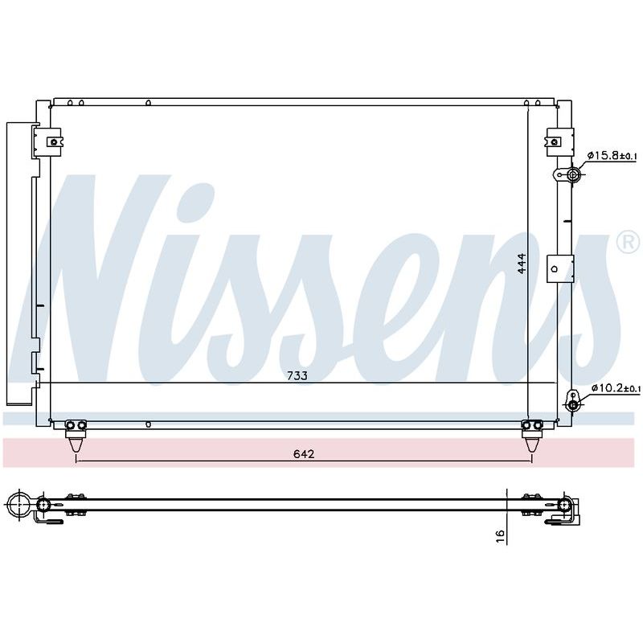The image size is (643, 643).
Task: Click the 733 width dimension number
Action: (x=297, y=375)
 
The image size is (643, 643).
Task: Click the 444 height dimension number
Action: (x=521, y=264)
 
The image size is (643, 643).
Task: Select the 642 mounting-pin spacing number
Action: (x=304, y=454)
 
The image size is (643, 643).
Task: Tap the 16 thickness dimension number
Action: (x=500, y=536)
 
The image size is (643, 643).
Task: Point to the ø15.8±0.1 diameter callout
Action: (x=612, y=155)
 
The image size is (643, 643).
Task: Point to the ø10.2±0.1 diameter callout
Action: (x=616, y=388)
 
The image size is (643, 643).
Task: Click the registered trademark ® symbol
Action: (x=629, y=243)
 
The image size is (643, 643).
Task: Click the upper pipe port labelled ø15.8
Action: (x=572, y=175)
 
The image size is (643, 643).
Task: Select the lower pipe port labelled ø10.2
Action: (x=573, y=406)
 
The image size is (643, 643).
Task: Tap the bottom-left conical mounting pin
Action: (x=76, y=444)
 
